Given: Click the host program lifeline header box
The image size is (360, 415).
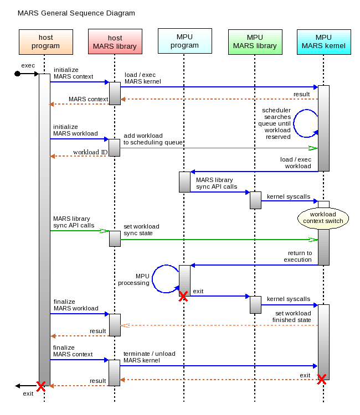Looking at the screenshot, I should (45, 42).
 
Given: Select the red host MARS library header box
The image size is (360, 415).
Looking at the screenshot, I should (115, 42).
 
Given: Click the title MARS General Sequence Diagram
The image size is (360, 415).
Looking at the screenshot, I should (76, 13).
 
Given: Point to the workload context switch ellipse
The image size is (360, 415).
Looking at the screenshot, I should (327, 217).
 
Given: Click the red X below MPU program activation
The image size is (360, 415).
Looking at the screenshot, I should (183, 297).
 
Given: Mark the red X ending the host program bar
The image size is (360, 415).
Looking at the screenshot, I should (40, 386).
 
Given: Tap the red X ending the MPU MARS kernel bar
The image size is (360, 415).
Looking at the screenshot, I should (321, 380).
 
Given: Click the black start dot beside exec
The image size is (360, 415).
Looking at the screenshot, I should (18, 74).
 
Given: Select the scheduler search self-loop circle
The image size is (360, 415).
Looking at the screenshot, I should (306, 123).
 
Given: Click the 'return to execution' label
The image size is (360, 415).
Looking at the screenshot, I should (297, 256).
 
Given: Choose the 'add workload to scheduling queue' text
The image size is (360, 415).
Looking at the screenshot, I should (153, 139).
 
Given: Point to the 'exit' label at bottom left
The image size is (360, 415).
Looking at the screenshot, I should (28, 393).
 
